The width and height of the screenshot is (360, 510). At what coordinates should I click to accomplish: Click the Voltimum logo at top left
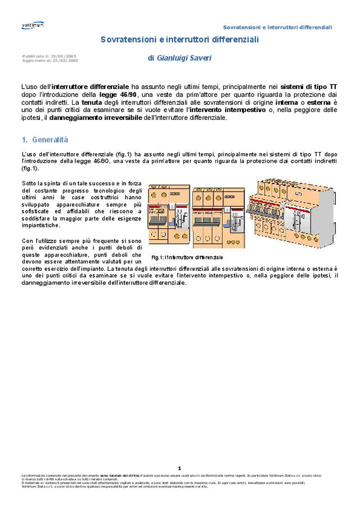32,25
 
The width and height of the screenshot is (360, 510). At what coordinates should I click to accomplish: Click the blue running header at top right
277,27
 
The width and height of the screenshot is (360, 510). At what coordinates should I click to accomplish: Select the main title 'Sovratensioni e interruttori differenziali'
179,40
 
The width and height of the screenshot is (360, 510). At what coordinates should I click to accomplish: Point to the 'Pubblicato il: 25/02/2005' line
49,56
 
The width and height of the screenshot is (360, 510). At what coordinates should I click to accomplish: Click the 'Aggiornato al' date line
49,60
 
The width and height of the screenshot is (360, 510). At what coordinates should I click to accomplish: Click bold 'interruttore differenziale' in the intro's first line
90,87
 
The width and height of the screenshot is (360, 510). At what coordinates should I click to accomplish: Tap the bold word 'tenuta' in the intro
92,103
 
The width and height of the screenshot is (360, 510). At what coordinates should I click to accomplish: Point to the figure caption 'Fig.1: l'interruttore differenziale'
187,257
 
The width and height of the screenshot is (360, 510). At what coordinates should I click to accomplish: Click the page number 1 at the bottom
179,468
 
